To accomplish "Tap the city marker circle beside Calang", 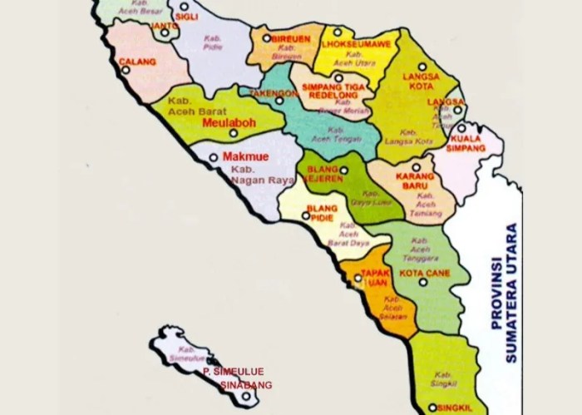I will pos(126,71).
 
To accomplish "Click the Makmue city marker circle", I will pos(214,156).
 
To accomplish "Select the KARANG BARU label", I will pos(413,181).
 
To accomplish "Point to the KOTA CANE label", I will pos(423,273).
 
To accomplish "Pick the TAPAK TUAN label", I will pos(376,278).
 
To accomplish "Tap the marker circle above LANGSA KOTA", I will pos(422,66).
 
